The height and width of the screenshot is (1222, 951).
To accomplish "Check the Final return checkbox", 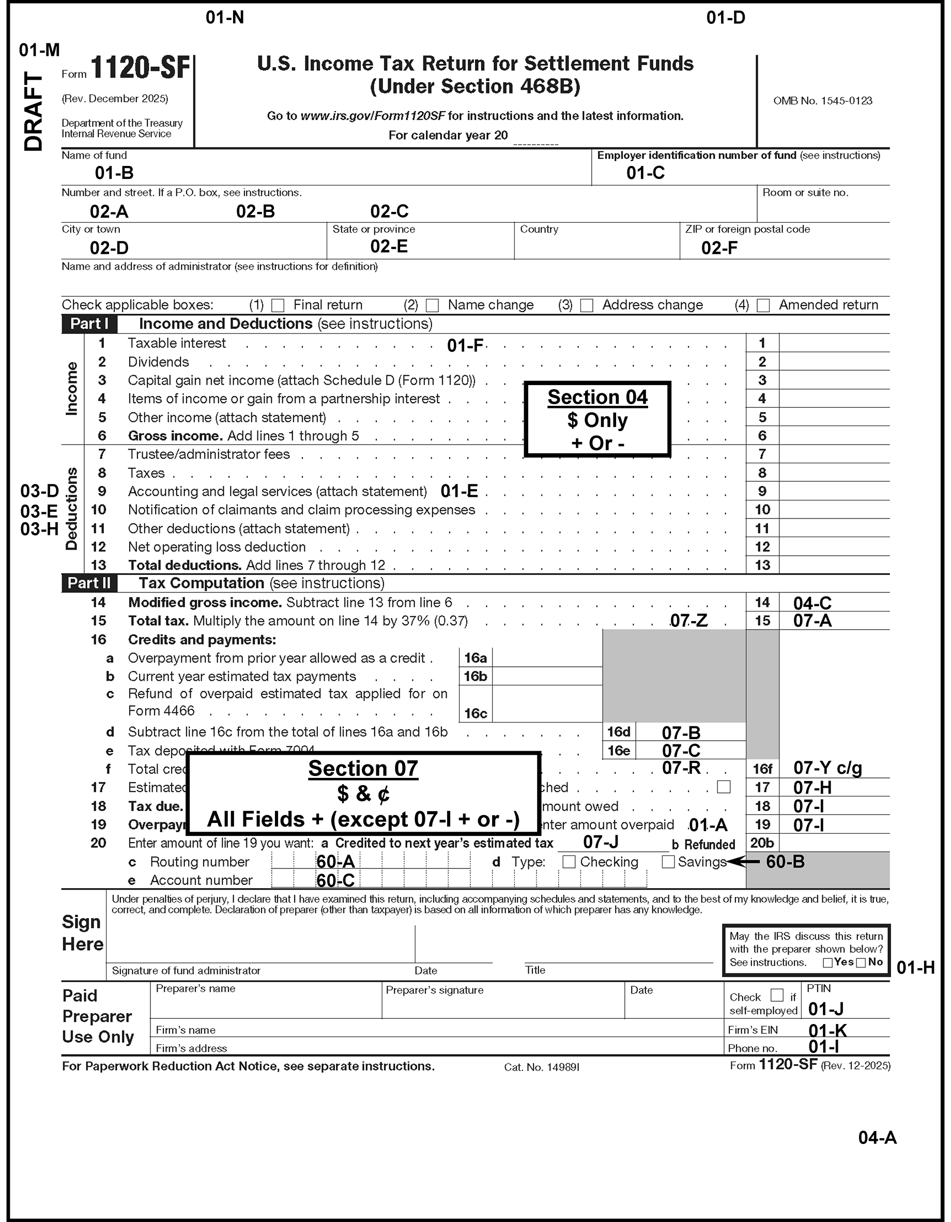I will [278, 305].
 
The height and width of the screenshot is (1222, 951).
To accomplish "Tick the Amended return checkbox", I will [763, 305].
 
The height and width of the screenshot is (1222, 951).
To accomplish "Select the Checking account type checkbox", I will [569, 862].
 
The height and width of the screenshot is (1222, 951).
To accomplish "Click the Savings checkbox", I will [668, 862].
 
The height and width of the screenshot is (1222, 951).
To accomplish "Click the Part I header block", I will [89, 324].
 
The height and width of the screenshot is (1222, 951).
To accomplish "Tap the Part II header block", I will [89, 584].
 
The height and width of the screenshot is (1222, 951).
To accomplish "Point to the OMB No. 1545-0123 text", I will [822, 101].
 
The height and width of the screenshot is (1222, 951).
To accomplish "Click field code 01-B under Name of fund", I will [114, 173].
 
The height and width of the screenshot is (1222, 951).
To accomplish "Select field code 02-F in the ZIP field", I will [719, 248].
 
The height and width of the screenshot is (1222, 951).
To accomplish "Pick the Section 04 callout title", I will [597, 398].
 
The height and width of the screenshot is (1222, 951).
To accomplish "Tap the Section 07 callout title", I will [363, 769].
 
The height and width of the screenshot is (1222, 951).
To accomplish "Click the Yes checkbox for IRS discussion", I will [827, 963].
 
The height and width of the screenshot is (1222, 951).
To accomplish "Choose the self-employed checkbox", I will [777, 996].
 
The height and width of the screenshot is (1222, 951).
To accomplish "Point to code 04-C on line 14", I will [812, 603].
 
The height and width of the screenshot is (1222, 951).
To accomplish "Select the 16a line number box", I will [476, 659].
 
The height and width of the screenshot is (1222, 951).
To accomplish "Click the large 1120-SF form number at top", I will [141, 68].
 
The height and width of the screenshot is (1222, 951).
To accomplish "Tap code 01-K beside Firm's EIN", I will [827, 1030].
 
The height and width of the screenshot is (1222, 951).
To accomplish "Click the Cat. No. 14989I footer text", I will [542, 1067].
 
